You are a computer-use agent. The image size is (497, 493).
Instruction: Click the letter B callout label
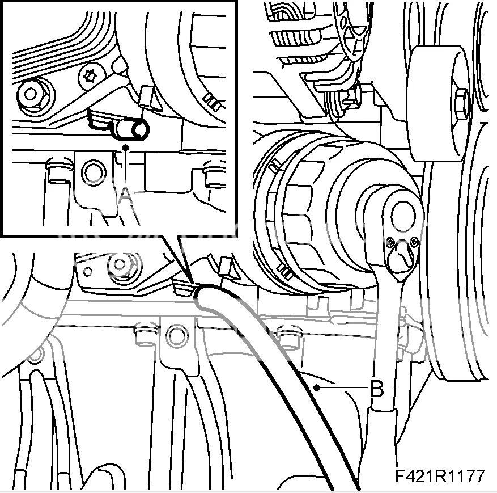tap(377, 388)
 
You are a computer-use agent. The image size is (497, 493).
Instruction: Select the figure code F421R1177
tap(440, 475)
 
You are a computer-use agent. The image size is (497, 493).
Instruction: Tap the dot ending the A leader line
tap(126, 148)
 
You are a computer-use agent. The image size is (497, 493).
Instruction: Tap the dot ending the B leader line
tap(316, 387)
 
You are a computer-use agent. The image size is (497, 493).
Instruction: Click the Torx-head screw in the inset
tap(92, 76)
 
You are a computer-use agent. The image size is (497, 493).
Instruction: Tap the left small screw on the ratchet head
tap(390, 243)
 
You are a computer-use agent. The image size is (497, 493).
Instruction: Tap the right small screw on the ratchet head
tap(414, 242)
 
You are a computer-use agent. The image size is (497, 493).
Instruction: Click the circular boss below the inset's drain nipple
tap(93, 172)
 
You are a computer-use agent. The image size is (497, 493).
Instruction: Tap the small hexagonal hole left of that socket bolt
tap(88, 271)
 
